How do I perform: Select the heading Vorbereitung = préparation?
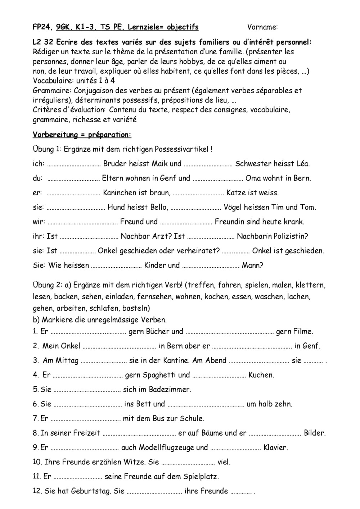[82, 135]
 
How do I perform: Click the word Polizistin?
[291, 236]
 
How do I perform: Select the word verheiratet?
[198, 251]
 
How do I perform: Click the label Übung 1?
[46, 149]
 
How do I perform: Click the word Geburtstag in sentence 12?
[91, 491]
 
